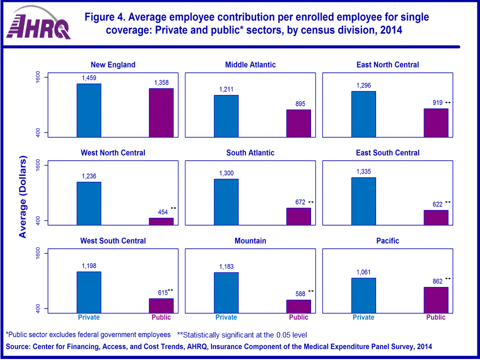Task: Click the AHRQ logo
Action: pos(41,24)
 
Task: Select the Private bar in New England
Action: pos(89,110)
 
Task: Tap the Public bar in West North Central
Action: pos(161,221)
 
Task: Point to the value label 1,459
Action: pos(89,78)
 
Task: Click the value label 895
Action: pos(298,104)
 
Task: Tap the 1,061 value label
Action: pos(363,272)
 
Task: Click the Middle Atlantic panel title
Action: pos(250,64)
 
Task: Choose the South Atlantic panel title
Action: pos(250,152)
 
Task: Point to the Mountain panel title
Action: pos(250,240)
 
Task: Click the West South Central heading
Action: pos(113,240)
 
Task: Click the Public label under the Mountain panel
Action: pos(298,317)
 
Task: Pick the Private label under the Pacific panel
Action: pos(363,317)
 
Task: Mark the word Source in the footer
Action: pos(17,346)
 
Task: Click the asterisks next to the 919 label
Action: pos(448,102)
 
